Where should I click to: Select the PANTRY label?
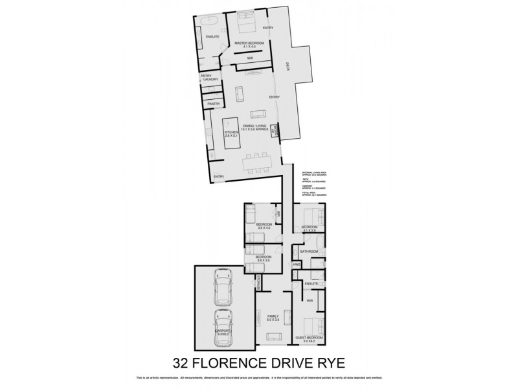click(214, 104)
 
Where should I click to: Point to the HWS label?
click(296, 264)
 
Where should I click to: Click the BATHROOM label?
click(309, 251)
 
